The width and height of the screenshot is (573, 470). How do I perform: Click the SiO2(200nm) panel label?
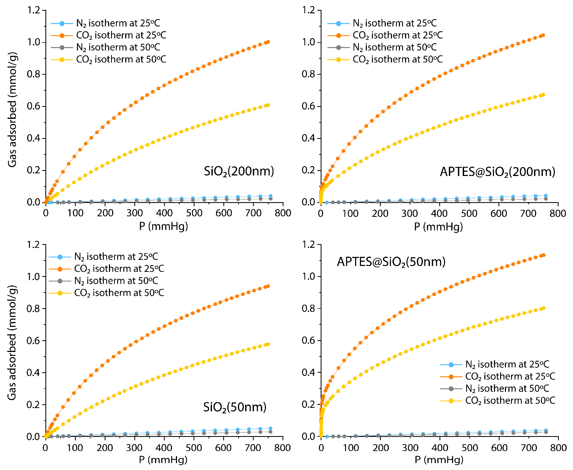[239, 171]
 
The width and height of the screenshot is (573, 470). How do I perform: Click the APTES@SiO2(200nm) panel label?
[497, 172]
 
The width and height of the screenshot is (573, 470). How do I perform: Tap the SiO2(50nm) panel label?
[235, 407]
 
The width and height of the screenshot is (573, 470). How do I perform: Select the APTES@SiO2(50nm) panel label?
[391, 262]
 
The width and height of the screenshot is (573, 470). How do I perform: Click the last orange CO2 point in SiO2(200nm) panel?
[268, 42]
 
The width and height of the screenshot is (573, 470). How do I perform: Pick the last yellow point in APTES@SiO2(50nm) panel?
[544, 308]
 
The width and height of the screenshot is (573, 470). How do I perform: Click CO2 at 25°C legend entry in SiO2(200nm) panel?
[121, 36]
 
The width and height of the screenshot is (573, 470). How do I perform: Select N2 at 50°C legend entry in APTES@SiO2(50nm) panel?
[507, 389]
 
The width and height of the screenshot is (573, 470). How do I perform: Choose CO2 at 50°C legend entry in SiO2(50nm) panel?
[119, 293]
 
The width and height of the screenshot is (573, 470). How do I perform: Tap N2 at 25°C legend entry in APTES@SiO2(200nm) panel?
[394, 23]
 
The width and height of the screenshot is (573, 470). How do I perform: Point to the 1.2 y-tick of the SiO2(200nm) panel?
[33, 10]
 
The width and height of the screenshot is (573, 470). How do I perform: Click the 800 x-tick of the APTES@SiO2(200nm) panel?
[558, 214]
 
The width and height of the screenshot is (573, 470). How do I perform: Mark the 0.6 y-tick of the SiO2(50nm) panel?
[33, 340]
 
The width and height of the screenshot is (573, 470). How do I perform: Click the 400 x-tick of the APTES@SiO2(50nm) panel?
[440, 448]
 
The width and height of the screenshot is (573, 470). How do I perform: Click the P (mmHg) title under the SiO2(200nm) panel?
[163, 226]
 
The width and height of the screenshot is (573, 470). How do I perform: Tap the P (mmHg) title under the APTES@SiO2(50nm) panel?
[439, 460]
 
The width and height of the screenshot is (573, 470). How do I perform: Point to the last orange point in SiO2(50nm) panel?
[268, 286]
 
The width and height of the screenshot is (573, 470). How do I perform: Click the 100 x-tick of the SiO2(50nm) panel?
[75, 448]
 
